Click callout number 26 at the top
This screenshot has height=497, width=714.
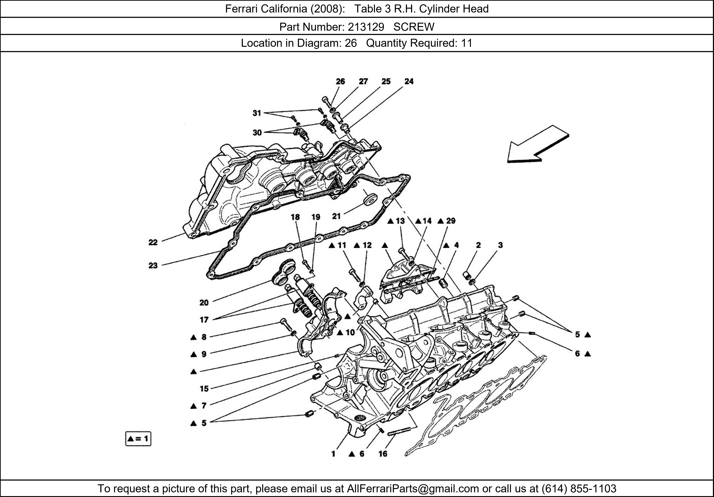pyautogui.click(x=340, y=81)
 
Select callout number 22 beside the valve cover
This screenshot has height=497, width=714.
pyautogui.click(x=153, y=242)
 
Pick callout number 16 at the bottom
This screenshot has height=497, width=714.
pyautogui.click(x=383, y=454)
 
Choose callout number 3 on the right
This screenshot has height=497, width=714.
pyautogui.click(x=500, y=245)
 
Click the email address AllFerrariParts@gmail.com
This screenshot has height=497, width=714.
pyautogui.click(x=413, y=489)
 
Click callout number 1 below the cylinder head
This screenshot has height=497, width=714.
pyautogui.click(x=333, y=454)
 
